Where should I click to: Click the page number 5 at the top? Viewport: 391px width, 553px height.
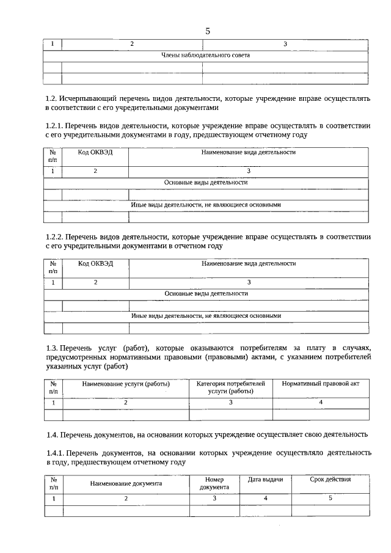tap(208, 31)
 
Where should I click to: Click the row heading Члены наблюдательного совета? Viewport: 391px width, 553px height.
tap(205, 55)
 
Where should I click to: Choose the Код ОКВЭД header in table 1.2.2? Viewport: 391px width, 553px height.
tap(95, 263)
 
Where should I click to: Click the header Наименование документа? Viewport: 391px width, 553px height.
tap(126, 483)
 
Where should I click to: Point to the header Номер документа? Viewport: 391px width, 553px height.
tap(214, 483)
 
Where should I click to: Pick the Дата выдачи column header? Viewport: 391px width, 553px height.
tap(265, 480)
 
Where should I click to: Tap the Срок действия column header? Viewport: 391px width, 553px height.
tap(330, 480)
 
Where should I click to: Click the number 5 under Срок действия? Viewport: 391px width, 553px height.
tap(330, 499)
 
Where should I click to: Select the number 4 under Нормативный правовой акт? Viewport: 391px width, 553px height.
tap(321, 403)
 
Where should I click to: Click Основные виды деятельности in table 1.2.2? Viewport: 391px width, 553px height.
tap(206, 293)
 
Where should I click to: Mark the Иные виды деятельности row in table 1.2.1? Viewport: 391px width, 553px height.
tap(206, 205)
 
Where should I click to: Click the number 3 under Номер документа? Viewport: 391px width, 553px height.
tap(214, 499)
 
